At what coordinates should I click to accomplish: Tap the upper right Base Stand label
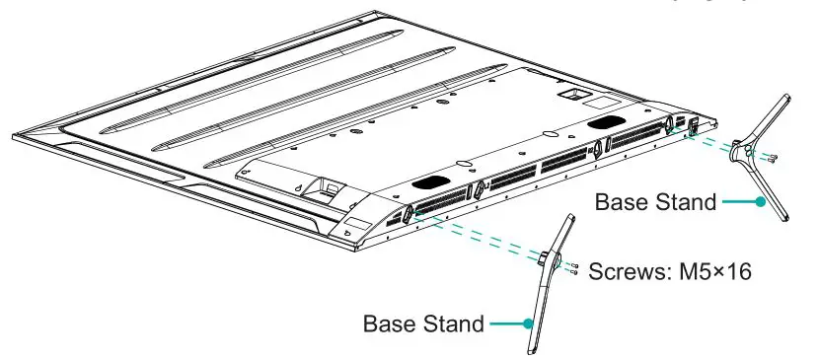tap(654, 202)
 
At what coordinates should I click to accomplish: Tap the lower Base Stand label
tap(423, 324)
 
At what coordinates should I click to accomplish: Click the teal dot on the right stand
tap(760, 202)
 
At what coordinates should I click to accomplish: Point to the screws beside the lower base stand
tap(573, 269)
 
